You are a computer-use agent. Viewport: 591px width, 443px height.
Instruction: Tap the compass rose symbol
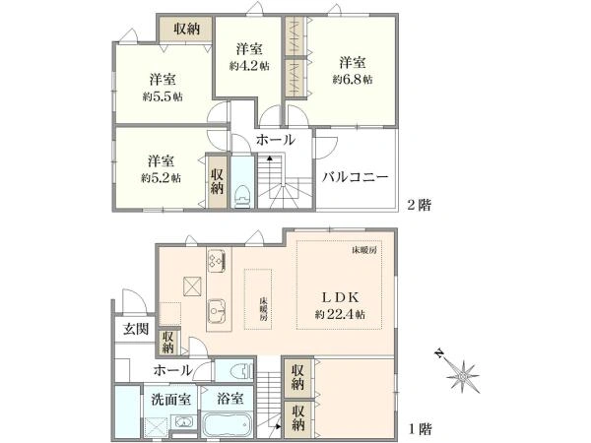click(460, 374)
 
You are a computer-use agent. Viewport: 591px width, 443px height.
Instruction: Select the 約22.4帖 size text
click(341, 314)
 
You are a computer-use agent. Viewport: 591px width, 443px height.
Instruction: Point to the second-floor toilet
click(241, 192)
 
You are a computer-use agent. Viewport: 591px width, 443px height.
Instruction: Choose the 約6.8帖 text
click(352, 80)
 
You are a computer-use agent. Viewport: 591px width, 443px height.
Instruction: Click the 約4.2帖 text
click(248, 66)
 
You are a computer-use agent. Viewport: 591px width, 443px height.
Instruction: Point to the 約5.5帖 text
click(163, 96)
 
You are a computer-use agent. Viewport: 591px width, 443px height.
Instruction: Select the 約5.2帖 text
click(162, 177)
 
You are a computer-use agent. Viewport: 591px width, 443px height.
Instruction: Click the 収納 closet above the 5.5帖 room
click(187, 30)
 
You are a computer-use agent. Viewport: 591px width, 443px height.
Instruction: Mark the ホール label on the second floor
click(274, 142)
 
